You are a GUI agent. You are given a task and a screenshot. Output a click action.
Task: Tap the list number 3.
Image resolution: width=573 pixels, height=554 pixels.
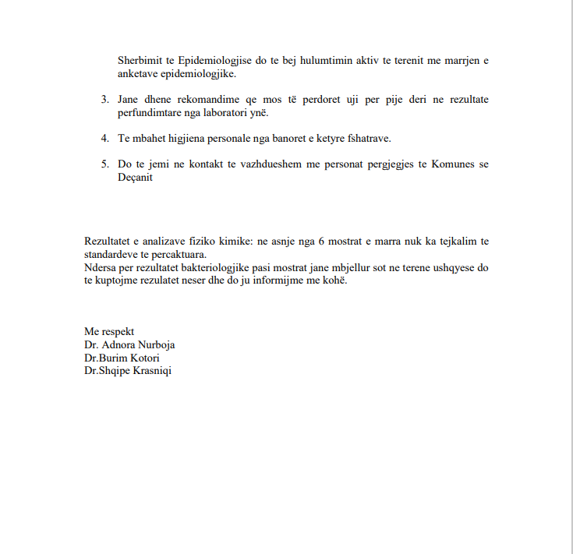pos(104,100)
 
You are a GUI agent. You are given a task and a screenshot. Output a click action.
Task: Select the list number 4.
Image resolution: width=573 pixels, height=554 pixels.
pos(104,139)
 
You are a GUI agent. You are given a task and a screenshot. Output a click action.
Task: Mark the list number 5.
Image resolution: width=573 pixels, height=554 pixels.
pos(104,164)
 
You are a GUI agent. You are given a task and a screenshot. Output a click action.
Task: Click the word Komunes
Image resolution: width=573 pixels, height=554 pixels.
pos(455,164)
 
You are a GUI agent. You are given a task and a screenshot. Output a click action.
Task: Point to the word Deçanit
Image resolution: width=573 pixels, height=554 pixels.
pos(136,178)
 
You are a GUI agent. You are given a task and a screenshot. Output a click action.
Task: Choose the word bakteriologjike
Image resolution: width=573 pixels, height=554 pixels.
pos(221,267)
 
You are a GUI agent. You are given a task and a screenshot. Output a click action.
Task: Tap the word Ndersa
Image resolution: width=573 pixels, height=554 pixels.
pos(100,267)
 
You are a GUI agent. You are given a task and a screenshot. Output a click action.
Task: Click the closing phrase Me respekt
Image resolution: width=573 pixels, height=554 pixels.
pos(109,331)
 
